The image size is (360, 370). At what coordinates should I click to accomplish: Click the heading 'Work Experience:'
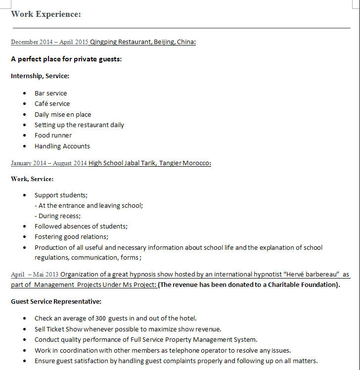tap(45, 14)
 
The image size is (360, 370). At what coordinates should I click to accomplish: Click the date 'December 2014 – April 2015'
tap(49, 42)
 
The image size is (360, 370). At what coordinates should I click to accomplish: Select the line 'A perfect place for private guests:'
tap(66, 59)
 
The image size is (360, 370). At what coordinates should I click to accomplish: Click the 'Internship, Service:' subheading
tap(40, 76)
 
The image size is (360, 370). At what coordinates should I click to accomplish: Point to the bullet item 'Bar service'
tap(50, 93)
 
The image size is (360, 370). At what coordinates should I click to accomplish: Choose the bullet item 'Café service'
tap(52, 104)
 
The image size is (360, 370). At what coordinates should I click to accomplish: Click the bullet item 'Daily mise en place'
tap(63, 114)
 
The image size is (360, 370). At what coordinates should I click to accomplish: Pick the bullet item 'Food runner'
tap(53, 136)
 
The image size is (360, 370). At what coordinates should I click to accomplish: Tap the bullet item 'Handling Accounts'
tap(62, 146)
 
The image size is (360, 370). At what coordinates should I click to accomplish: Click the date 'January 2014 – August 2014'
tap(49, 163)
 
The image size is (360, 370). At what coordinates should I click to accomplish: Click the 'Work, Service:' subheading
tap(32, 179)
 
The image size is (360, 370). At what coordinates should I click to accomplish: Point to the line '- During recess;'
tap(57, 216)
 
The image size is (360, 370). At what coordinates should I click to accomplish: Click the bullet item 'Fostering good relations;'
tap(71, 237)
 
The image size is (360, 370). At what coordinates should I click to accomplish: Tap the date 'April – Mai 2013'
tap(35, 274)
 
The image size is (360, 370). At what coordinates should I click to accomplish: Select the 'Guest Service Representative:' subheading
tap(56, 301)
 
